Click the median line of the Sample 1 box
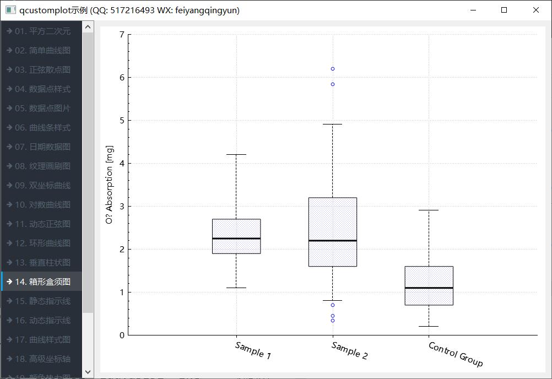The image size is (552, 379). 236,239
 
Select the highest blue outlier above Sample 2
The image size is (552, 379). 333,69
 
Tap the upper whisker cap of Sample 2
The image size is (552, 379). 333,124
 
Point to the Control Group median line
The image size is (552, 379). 429,288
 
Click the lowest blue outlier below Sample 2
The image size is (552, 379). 333,321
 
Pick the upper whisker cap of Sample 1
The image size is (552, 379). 236,155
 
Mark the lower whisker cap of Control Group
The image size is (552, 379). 429,327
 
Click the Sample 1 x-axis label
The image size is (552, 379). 253,350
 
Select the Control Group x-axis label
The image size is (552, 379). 456,354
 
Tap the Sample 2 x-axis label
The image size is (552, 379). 349,350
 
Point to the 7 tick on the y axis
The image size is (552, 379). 122,35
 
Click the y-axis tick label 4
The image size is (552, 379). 122,164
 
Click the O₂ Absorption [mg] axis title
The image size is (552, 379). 110,185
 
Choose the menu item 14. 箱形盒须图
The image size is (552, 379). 42,281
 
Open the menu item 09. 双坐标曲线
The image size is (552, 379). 42,185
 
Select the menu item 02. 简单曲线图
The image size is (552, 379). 42,50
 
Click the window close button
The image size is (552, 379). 535,10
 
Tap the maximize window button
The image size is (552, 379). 504,10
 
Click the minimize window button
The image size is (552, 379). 472,10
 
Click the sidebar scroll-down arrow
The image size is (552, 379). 88,372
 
